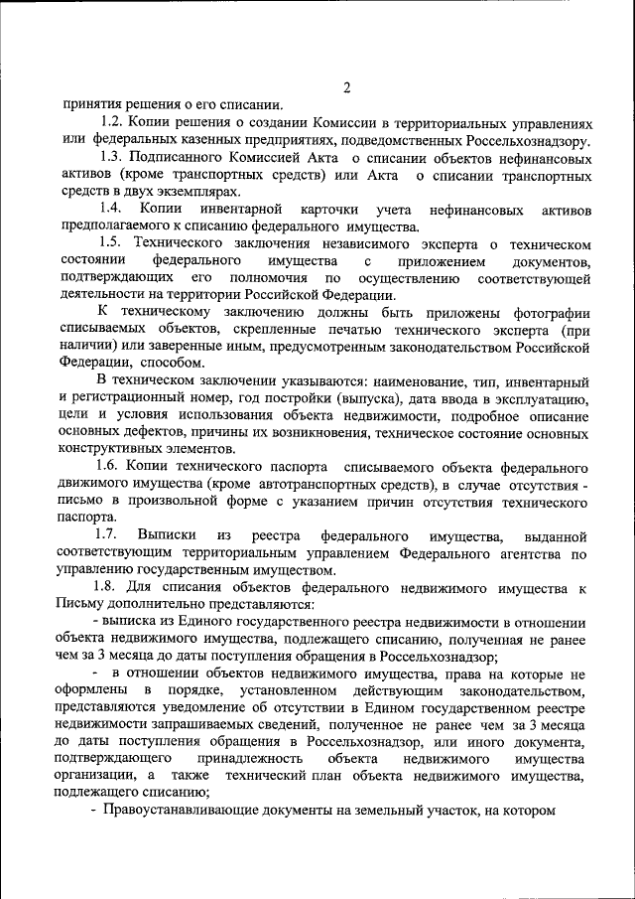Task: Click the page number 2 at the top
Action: pos(347,86)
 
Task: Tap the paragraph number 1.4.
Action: pos(110,210)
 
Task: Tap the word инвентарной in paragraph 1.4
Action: pos(240,210)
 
